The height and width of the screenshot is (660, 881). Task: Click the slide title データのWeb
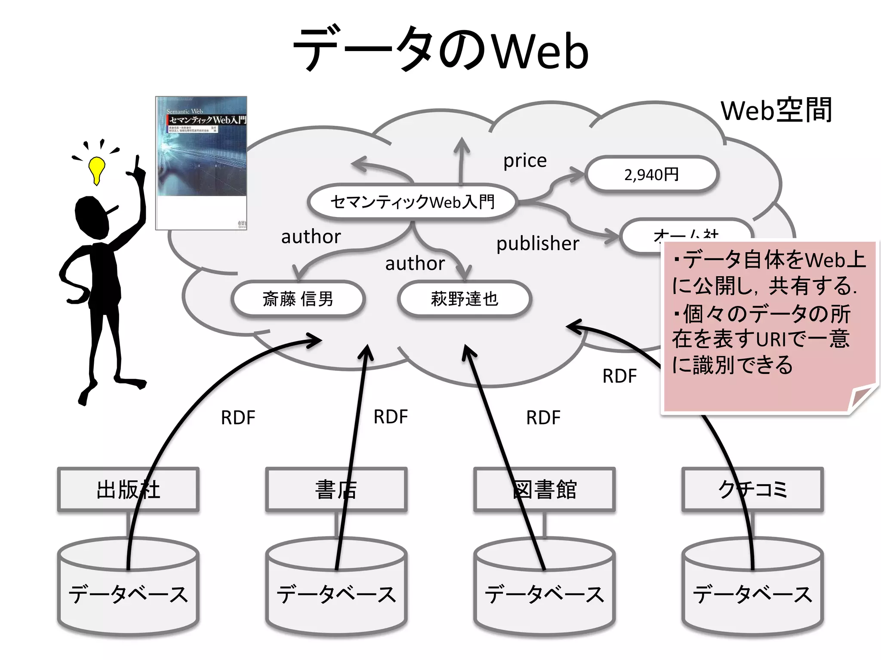pos(440,49)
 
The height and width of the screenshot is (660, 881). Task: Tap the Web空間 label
pos(776,111)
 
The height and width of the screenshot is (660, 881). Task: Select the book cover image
pos(201,163)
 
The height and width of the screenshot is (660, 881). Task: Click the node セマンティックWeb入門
pos(412,202)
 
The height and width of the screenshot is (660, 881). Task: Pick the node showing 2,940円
pos(651,174)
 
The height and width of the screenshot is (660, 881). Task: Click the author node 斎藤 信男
pos(298,299)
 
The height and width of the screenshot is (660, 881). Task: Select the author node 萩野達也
pos(465,299)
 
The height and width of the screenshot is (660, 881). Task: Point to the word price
pos(525,161)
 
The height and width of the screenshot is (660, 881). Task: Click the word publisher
pos(538,244)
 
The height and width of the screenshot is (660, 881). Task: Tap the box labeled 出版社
pos(128,489)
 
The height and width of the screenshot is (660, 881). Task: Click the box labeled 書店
pos(336,489)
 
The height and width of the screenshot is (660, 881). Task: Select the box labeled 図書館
pos(544,489)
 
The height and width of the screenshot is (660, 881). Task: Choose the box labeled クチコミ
pos(752,489)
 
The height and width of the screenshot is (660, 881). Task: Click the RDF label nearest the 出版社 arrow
pos(238,418)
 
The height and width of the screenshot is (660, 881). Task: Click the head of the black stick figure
pos(92,217)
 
